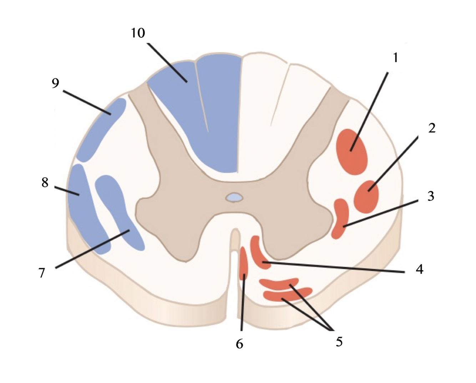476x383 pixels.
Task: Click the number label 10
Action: tap(138, 33)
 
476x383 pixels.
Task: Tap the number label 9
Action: tap(55, 83)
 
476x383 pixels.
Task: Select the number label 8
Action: tap(45, 182)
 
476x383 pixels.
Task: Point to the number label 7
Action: tap(42, 273)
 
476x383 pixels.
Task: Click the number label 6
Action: tap(239, 344)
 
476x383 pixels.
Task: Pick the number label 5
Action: tap(339, 342)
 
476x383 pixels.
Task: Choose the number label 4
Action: tap(420, 269)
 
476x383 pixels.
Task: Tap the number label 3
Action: tap(431, 196)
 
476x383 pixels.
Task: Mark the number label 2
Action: tap(432, 128)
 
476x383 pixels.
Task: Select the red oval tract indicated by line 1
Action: tap(352, 152)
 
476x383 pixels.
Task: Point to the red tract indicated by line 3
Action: tap(340, 218)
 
